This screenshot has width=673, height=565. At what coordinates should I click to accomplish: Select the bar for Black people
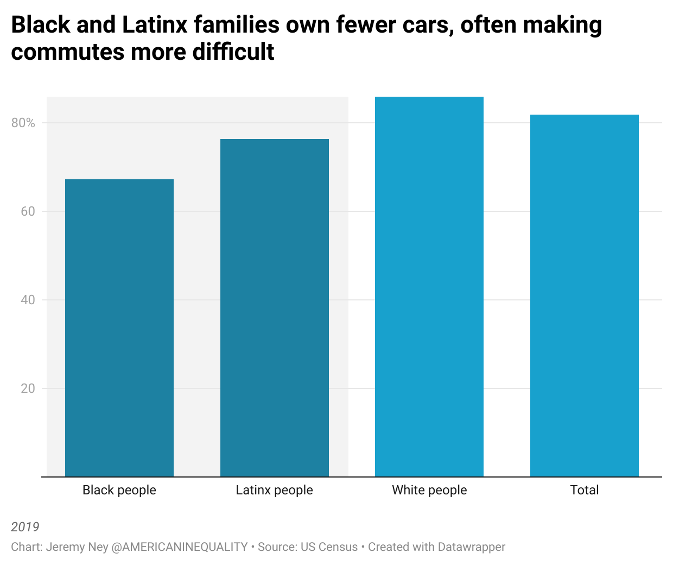119,328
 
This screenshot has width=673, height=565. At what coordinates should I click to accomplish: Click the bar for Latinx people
275,308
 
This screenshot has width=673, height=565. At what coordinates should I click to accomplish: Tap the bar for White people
429,287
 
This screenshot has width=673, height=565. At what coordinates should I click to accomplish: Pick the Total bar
585,296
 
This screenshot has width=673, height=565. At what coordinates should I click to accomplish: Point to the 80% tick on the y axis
23,123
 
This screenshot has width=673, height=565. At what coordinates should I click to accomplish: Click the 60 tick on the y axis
28,211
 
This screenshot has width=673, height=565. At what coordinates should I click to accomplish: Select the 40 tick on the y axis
28,300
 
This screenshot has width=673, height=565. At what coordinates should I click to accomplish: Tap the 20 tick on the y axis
28,388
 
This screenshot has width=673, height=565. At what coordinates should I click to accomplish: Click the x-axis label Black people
119,490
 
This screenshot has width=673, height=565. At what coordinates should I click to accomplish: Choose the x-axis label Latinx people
275,490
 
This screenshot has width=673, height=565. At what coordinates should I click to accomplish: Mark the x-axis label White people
429,490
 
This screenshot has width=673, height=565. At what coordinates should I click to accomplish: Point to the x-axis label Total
585,490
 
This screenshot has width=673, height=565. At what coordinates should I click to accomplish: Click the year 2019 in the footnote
25,527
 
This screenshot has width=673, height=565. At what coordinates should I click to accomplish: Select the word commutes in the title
67,52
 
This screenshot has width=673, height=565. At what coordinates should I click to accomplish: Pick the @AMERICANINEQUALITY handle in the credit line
180,547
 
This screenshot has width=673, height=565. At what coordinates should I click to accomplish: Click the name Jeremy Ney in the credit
77,547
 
